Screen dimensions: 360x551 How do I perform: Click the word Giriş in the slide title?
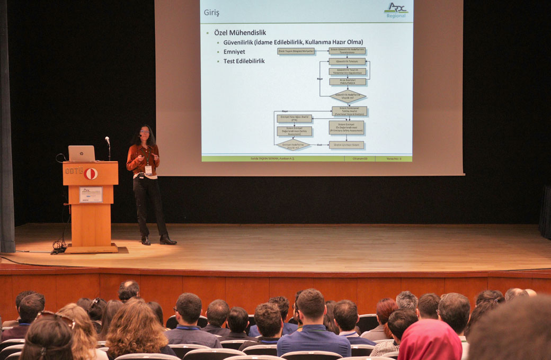(x=211, y=13)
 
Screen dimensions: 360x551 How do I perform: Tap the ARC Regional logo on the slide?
(x=396, y=10)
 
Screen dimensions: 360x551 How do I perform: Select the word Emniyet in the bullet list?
(x=234, y=51)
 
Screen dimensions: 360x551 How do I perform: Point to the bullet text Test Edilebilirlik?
(x=244, y=61)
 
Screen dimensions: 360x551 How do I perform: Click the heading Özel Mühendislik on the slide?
(x=240, y=32)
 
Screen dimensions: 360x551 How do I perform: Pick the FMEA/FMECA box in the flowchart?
(x=348, y=82)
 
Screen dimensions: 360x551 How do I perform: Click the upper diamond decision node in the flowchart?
(x=348, y=97)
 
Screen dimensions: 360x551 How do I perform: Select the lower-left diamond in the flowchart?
(x=293, y=145)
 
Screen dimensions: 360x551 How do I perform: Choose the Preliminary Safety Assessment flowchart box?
(x=346, y=127)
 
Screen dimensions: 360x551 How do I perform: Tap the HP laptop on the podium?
(x=82, y=154)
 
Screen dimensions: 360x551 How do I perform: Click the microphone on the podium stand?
(x=108, y=141)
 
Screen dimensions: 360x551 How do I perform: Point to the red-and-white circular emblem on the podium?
(x=91, y=174)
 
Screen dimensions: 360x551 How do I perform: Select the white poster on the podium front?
(x=91, y=194)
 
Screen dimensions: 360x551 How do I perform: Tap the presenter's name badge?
(x=148, y=170)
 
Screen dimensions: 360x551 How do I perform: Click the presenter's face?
(x=144, y=132)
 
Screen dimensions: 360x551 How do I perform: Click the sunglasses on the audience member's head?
(x=56, y=317)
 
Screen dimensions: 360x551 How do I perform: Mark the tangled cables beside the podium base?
(x=59, y=246)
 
